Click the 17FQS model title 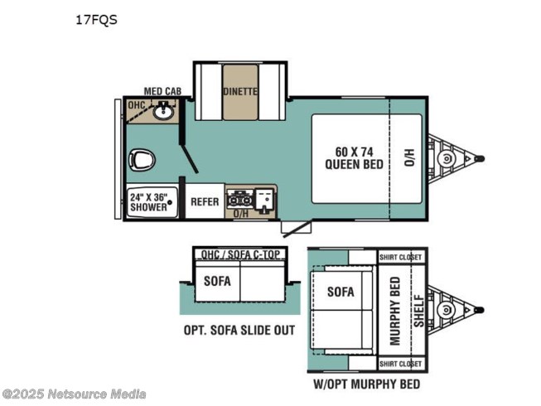96,20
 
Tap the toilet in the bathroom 142,161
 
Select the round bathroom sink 163,111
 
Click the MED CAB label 162,91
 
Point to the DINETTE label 240,91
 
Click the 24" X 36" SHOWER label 148,202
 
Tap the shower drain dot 169,202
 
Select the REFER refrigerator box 205,201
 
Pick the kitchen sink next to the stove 264,201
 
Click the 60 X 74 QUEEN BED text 355,158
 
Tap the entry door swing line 297,229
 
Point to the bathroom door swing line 190,158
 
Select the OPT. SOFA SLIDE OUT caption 239,330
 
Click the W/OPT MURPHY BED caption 367,384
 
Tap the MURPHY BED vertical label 394,311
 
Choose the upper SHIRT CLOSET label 401,258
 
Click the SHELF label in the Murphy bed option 419,311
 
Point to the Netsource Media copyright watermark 74,394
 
